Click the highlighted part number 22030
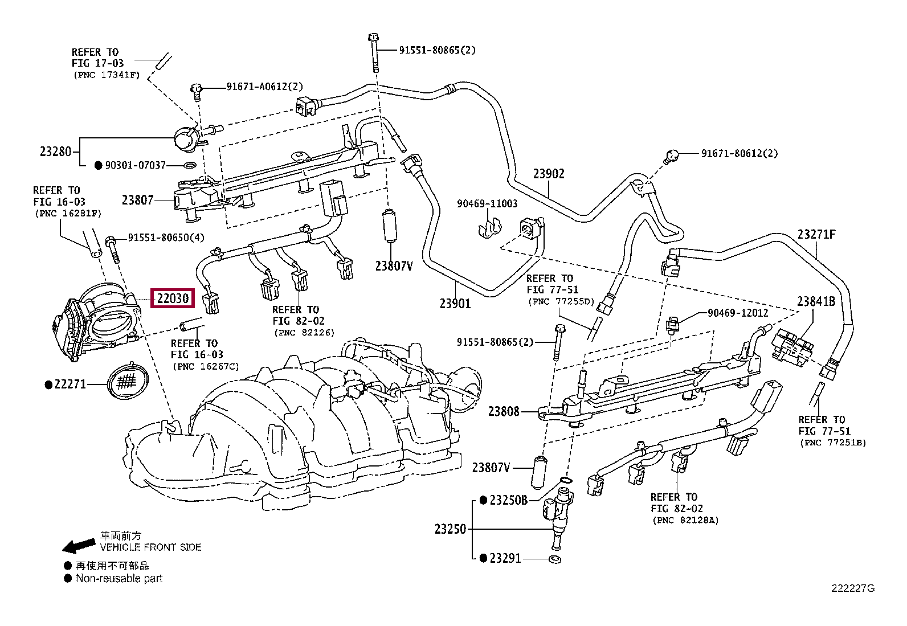point(173,298)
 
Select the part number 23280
point(55,152)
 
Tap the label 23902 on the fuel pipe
point(549,174)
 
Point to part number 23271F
point(816,235)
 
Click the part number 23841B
point(816,301)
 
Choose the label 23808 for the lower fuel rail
point(504,411)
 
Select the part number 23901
point(455,303)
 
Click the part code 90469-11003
point(487,203)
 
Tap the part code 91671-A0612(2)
point(265,87)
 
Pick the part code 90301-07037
point(136,165)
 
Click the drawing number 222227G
point(853,600)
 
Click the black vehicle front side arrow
point(79,546)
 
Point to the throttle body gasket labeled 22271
point(128,382)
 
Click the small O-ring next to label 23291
point(555,559)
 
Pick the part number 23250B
point(509,501)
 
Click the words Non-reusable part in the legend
point(119,578)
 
